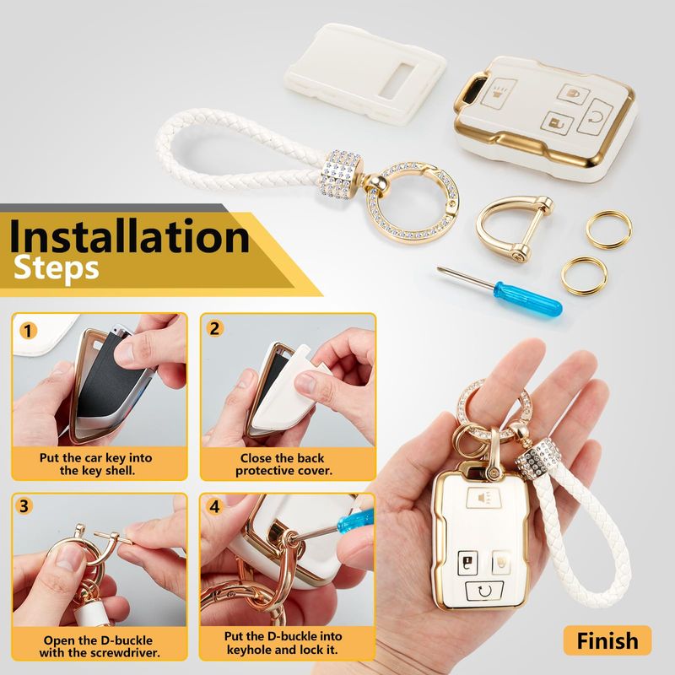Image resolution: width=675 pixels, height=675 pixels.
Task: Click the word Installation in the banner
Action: click(x=129, y=236)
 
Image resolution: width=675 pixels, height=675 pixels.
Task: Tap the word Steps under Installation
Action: click(x=57, y=268)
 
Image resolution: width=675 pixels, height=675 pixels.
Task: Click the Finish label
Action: click(x=607, y=640)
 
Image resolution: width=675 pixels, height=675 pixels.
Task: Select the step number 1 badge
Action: click(x=28, y=331)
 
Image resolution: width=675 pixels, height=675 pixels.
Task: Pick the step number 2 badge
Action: click(x=214, y=329)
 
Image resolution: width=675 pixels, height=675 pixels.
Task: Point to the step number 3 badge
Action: click(x=24, y=505)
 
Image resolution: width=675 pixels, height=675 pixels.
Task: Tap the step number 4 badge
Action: click(x=214, y=506)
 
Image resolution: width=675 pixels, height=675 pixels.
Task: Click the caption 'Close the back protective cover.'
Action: click(x=283, y=464)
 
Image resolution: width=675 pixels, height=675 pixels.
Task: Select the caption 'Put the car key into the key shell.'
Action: click(x=96, y=463)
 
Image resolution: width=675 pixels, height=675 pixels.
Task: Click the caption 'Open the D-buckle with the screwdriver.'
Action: click(x=99, y=646)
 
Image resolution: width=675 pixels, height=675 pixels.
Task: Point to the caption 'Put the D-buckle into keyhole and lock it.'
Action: click(x=283, y=642)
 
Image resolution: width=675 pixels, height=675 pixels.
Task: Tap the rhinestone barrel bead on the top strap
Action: click(x=342, y=174)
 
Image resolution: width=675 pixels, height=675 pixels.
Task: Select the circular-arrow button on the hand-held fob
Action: click(x=484, y=591)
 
